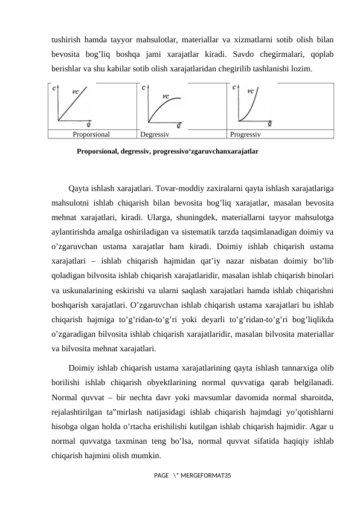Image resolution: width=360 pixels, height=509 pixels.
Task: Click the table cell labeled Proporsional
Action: click(91, 134)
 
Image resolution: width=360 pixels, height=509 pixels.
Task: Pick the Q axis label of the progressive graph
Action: click(269, 123)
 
